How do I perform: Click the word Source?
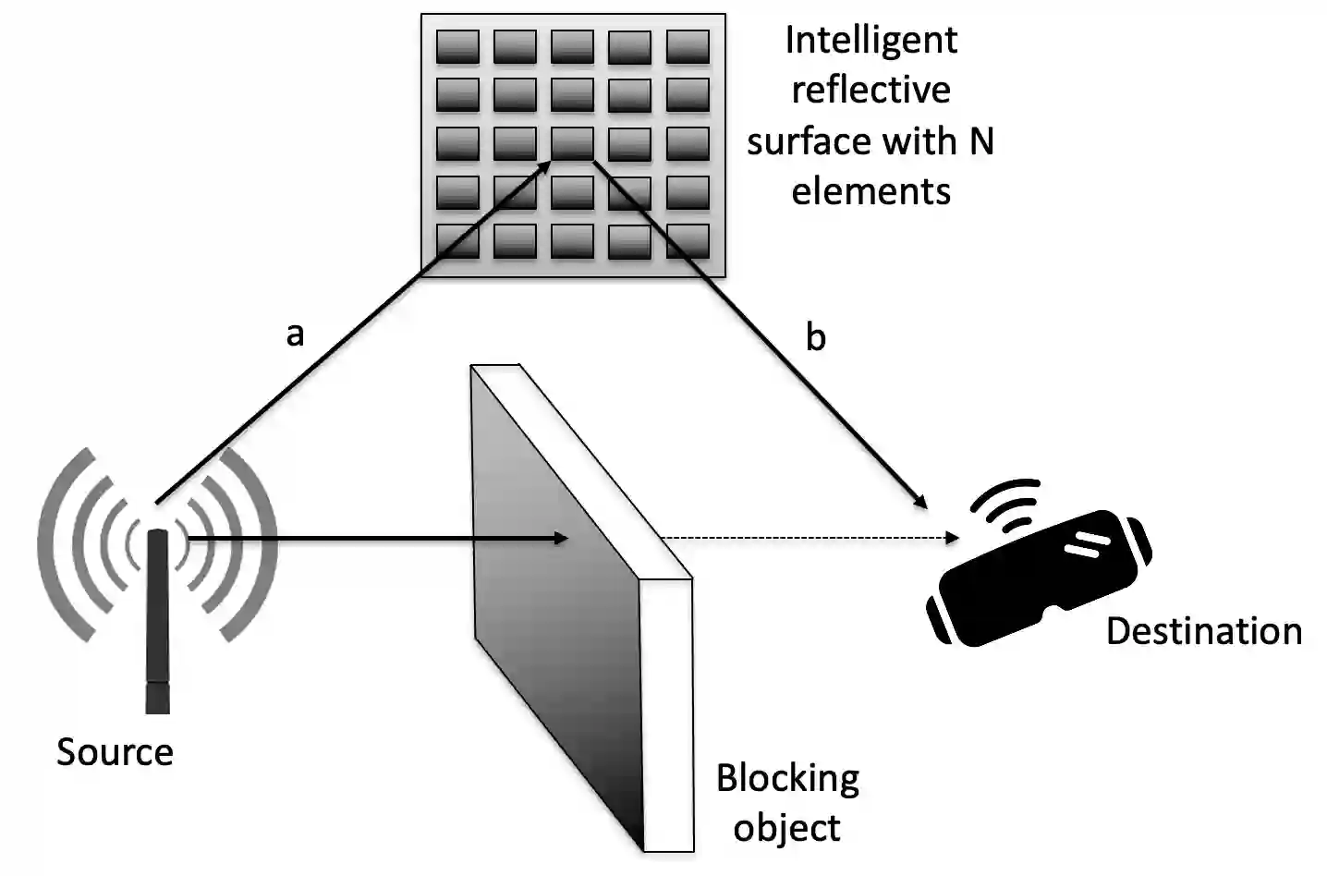tap(115, 752)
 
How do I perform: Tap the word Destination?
tap(1203, 631)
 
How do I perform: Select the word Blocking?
tap(787, 779)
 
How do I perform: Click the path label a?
tap(295, 335)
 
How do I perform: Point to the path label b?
tap(815, 338)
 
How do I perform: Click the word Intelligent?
tap(870, 41)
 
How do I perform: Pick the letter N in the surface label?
tap(980, 141)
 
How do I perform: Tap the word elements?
tap(870, 191)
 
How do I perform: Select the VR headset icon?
tap(1040, 578)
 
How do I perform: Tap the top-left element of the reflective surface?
tap(457, 46)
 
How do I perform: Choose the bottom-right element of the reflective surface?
tap(688, 240)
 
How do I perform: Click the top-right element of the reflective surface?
tap(688, 46)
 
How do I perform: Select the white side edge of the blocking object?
tap(666, 712)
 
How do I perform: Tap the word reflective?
tap(870, 91)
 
